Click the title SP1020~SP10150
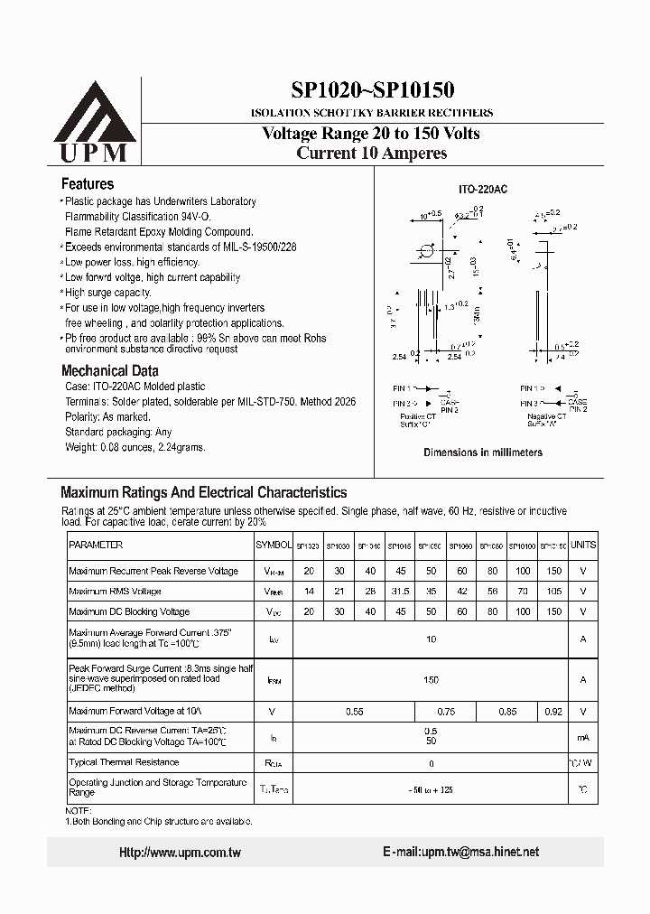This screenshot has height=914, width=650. pos(372,89)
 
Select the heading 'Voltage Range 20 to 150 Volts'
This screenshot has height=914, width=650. pos(370,134)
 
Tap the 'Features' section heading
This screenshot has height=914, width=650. pos(87,183)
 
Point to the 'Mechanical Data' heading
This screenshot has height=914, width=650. pos(109,370)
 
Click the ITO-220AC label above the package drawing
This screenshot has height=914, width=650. pos(482,191)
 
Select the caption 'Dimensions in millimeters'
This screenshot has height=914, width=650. pos(483,452)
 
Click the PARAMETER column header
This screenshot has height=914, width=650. pos(96,546)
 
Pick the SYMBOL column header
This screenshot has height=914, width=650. pos(274,546)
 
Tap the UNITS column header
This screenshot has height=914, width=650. pos(583,546)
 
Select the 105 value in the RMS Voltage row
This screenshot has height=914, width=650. pos(553,592)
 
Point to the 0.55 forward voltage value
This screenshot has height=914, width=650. pos(354,713)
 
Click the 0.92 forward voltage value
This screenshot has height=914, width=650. pos(553,713)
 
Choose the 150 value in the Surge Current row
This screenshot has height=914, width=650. pos(431,677)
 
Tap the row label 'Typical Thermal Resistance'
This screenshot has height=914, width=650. pos(124,763)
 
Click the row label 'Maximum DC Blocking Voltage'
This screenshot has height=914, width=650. pos(129,612)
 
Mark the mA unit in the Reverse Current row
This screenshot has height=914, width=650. pos(583,737)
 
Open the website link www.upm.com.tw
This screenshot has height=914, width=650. pos(181,853)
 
